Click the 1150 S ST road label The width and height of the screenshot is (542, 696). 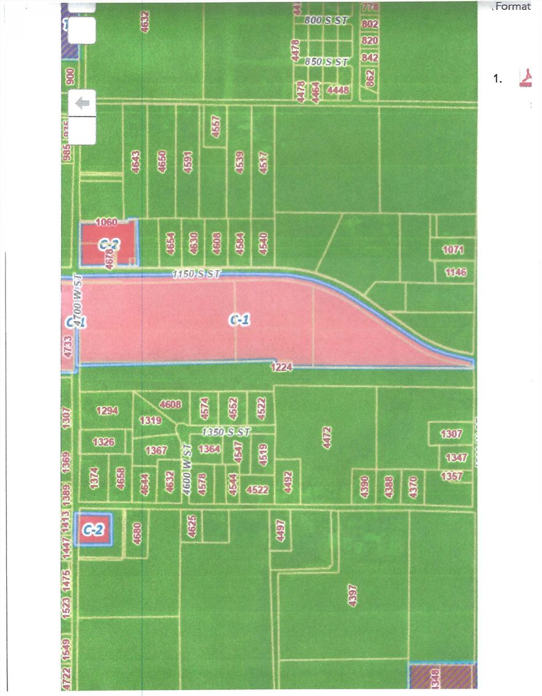(196, 273)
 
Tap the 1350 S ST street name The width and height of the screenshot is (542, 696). (226, 433)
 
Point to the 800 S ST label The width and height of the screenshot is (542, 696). (326, 20)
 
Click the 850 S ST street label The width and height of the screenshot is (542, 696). (326, 62)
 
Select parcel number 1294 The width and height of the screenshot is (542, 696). (107, 410)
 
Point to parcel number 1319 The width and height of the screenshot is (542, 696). (150, 421)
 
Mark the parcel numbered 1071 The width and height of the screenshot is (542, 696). (455, 250)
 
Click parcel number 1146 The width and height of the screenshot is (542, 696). (455, 272)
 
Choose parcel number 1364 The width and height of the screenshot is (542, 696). (209, 449)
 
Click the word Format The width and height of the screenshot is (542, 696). (513, 7)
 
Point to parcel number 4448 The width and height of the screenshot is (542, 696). (338, 91)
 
